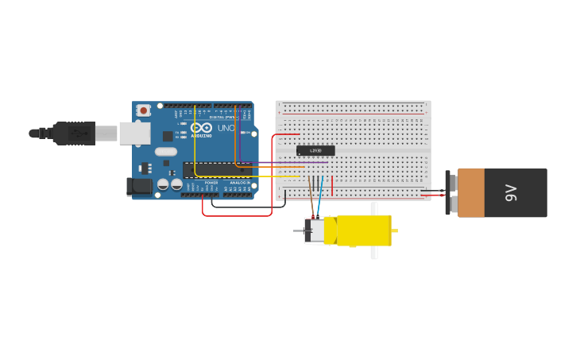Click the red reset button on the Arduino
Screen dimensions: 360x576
tap(143, 110)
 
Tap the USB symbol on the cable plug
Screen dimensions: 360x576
tap(79, 133)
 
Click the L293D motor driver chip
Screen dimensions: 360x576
tap(315, 150)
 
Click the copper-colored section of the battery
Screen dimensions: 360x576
tap(470, 192)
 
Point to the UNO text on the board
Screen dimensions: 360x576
tap(226, 128)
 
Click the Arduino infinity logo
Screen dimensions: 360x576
tap(201, 128)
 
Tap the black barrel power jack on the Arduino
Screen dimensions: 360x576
tap(139, 187)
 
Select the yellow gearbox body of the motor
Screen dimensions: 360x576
tap(363, 230)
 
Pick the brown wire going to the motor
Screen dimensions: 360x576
tap(311, 199)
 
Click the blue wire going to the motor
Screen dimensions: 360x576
tap(320, 199)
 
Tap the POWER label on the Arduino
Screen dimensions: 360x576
tap(211, 182)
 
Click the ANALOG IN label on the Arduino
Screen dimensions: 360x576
tap(239, 182)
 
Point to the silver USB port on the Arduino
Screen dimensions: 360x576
tap(134, 133)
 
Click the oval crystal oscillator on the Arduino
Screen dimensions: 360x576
tap(166, 152)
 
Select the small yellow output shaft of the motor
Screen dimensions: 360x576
tap(394, 230)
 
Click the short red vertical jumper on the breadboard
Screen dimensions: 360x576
tap(332, 186)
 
